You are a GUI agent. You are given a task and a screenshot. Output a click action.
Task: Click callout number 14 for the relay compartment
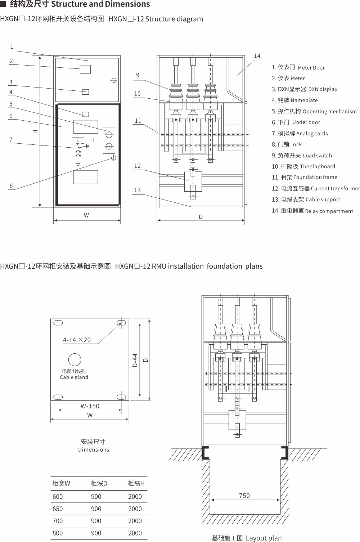[x=257, y=56]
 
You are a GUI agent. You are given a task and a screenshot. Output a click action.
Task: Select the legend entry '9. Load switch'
[x=302, y=155]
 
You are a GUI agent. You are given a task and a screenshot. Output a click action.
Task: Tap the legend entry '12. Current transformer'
[x=315, y=188]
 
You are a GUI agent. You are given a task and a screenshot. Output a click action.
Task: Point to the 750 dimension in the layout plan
[x=244, y=496]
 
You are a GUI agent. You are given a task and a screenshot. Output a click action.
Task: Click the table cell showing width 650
[x=58, y=509]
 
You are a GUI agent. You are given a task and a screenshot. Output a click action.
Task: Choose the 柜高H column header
[x=136, y=483]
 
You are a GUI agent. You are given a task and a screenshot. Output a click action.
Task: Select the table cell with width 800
[x=58, y=533]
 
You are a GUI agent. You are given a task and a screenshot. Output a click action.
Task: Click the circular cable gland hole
[x=75, y=359]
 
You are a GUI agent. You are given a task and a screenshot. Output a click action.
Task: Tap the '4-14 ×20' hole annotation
[x=77, y=340]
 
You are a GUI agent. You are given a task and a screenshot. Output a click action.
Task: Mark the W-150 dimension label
[x=90, y=406]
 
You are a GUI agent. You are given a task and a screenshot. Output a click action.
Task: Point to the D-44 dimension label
[x=135, y=360]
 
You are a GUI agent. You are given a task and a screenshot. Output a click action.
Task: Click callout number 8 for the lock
[x=11, y=186]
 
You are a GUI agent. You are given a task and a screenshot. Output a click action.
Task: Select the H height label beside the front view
[x=35, y=132]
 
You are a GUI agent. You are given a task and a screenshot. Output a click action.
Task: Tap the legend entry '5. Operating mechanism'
[x=314, y=111]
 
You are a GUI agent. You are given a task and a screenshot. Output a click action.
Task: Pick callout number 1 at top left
[x=12, y=47]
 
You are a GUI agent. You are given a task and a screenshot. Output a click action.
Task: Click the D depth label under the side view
[x=201, y=217]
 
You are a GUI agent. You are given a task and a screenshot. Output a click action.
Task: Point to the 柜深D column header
[x=99, y=483]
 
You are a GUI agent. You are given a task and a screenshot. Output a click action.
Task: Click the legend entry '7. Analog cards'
[x=300, y=133]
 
